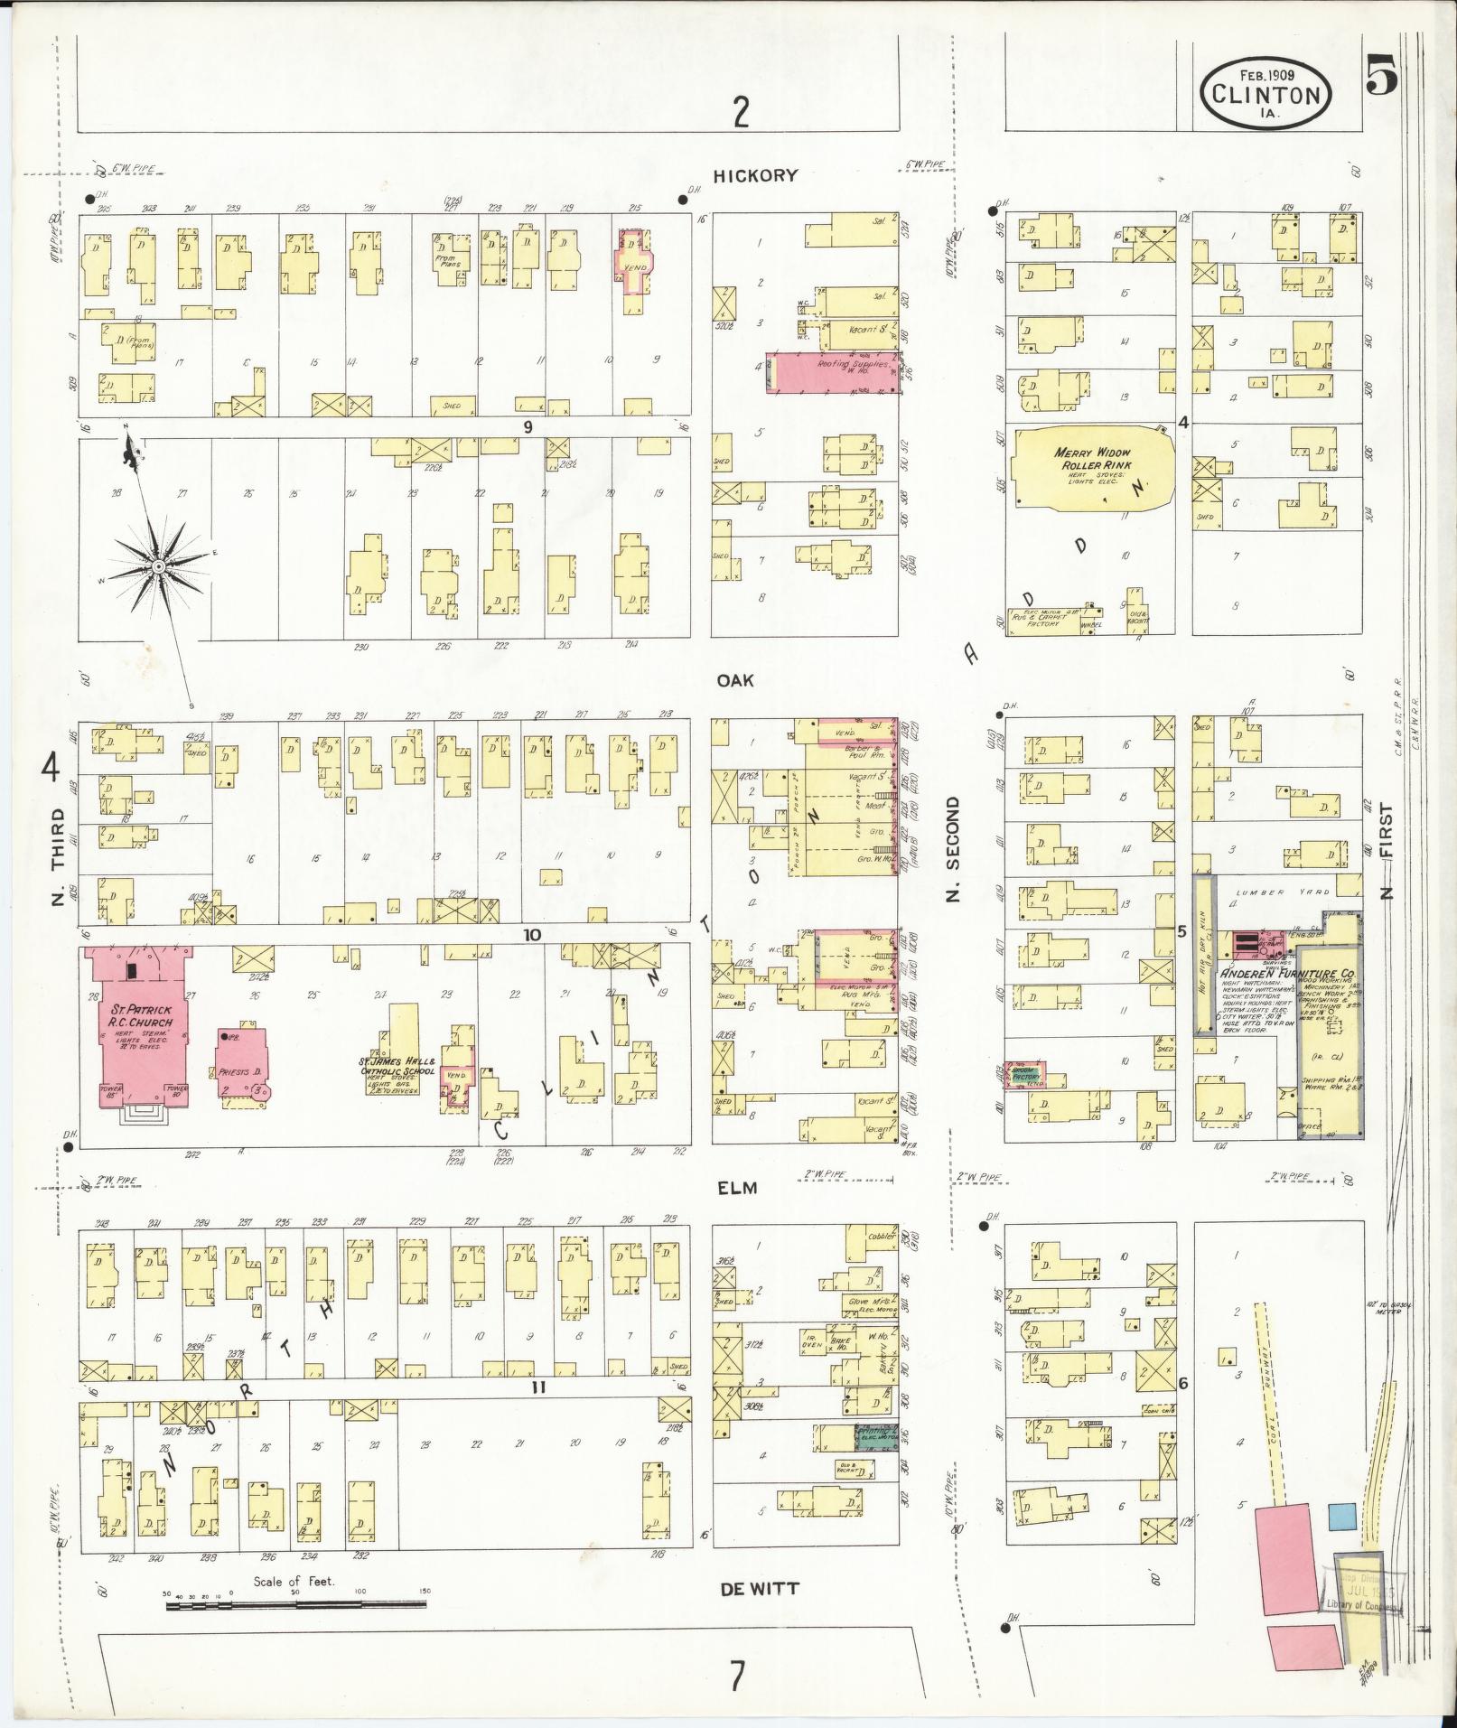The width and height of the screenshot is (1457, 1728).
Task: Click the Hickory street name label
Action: tap(755, 176)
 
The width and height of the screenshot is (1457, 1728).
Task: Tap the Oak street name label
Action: tap(735, 681)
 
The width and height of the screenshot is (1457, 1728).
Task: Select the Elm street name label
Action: tap(738, 1189)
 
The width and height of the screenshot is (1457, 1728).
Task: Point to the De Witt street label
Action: tap(760, 1589)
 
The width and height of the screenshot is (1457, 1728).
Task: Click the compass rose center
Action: tap(158, 565)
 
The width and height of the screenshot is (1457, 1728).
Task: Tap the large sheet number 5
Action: tap(1380, 74)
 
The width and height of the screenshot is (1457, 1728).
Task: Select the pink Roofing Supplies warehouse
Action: tap(833, 373)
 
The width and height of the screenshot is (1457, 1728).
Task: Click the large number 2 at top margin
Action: tap(741, 113)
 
